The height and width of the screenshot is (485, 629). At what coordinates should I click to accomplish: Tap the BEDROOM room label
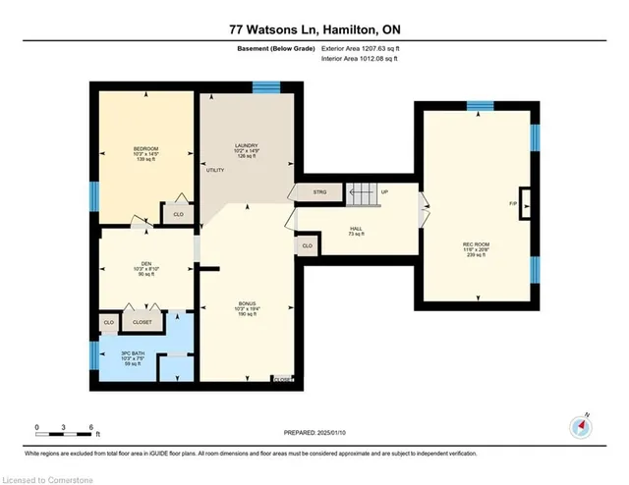point(145,151)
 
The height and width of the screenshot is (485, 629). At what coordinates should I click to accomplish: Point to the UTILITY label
point(215,170)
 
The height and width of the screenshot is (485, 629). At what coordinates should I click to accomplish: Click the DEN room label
point(145,264)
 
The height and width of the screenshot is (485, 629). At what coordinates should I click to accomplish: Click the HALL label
point(356,230)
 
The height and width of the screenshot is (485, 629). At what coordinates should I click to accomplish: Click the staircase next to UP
point(361,193)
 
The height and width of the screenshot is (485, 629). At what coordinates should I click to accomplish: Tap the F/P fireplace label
point(513,204)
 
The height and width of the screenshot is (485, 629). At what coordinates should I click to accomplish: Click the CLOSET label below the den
point(143,322)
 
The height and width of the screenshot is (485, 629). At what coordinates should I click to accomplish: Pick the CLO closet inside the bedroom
point(178,214)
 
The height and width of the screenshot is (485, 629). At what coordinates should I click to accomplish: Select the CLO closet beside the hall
point(308,245)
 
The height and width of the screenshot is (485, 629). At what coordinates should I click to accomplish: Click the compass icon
point(580,427)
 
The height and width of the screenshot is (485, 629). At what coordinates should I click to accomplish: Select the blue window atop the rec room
point(479,106)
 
